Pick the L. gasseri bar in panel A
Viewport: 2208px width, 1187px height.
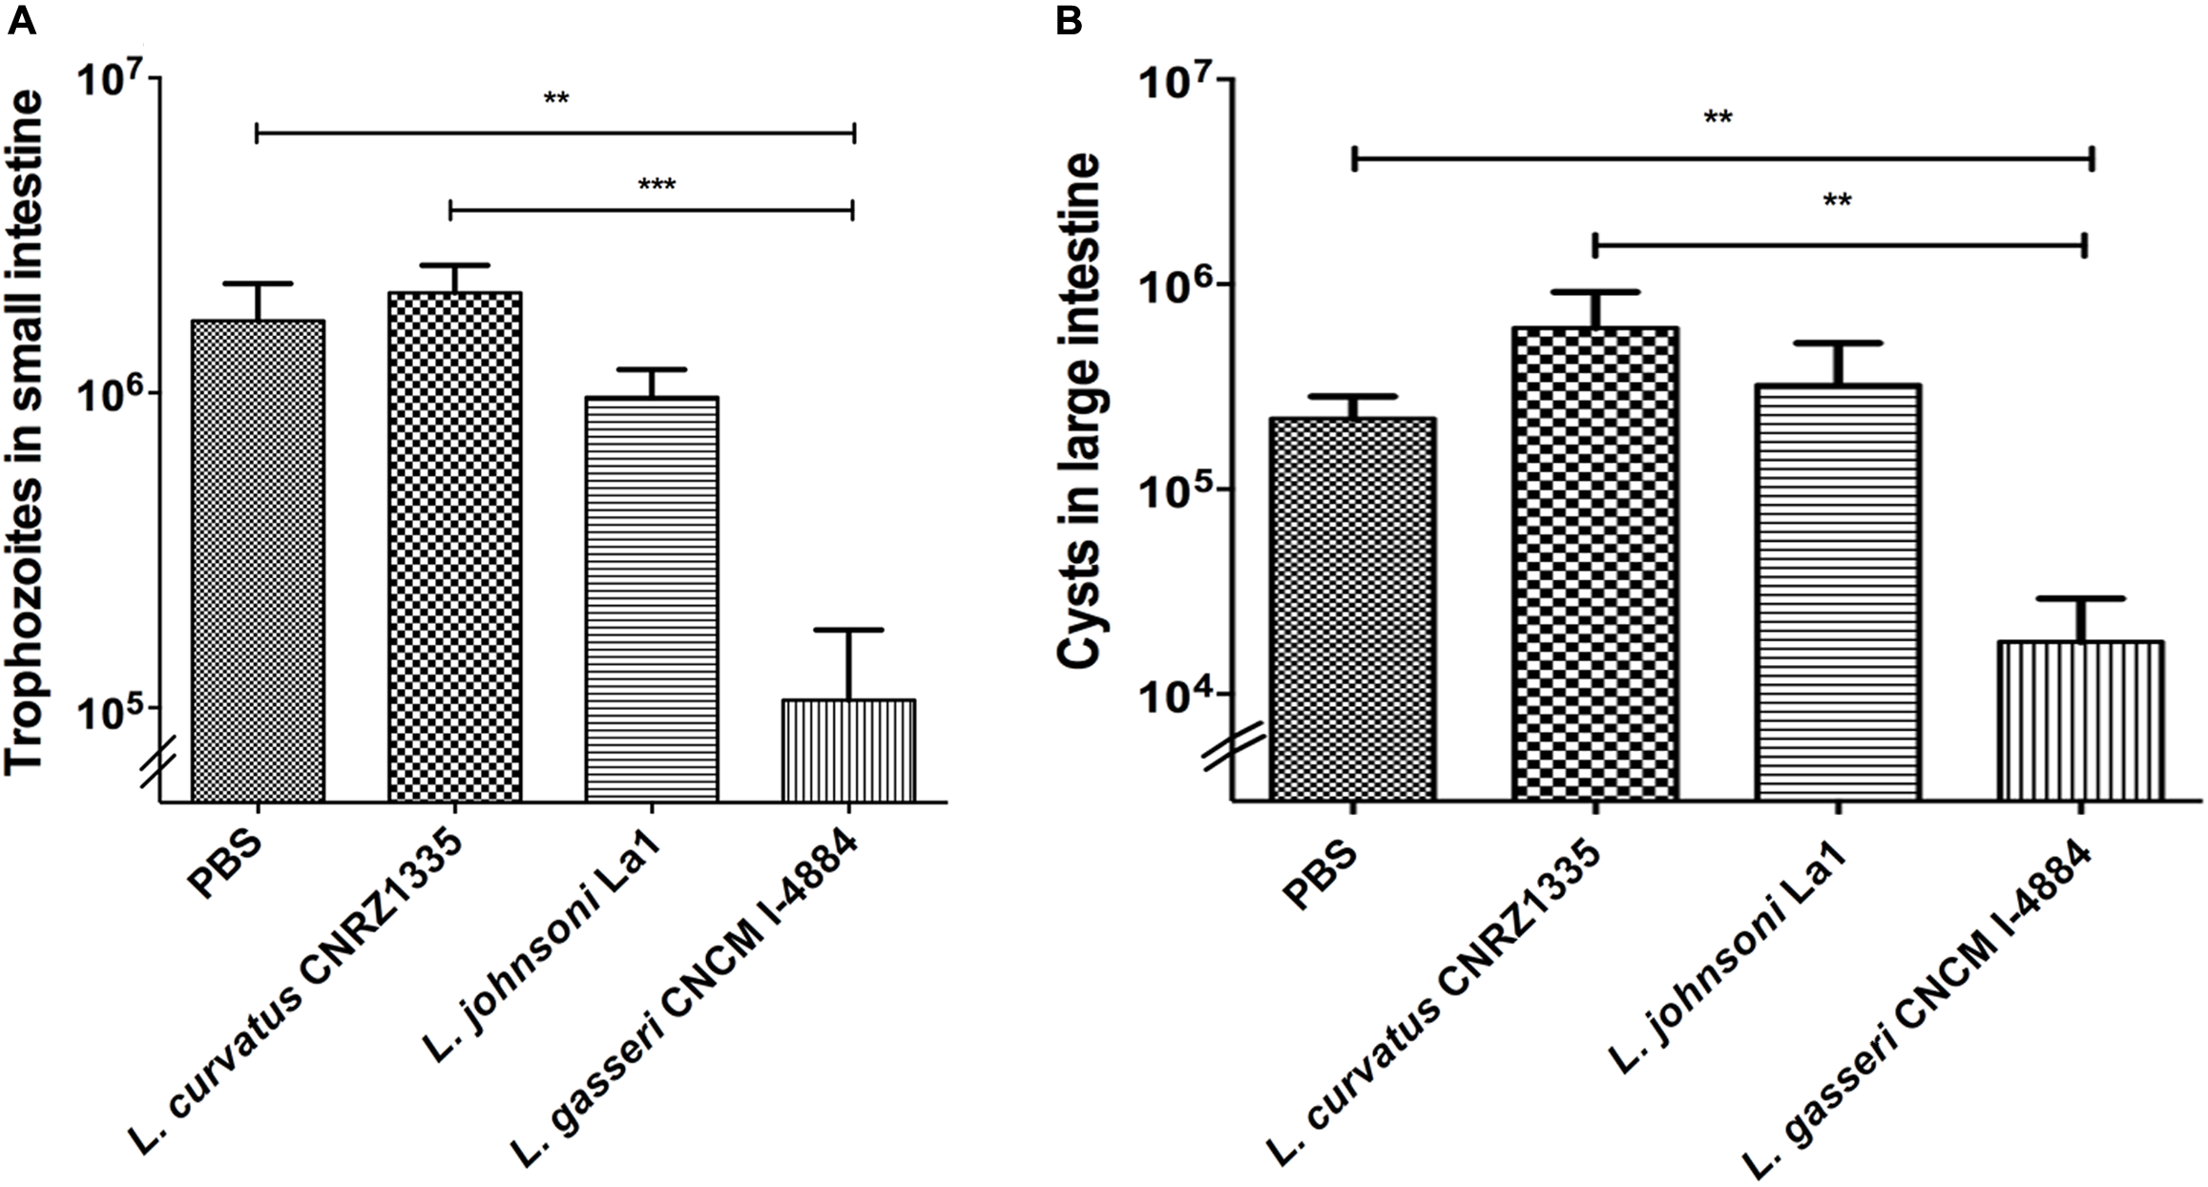click(x=848, y=751)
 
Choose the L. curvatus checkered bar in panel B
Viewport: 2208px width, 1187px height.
click(x=1594, y=563)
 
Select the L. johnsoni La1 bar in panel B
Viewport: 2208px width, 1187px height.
click(x=1838, y=592)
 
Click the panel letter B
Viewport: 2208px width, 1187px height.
click(x=1069, y=19)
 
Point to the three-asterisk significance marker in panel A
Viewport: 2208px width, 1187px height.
click(x=656, y=184)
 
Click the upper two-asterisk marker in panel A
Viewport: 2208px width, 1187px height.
click(x=556, y=98)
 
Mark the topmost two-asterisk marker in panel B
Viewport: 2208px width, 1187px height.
click(x=1718, y=145)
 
